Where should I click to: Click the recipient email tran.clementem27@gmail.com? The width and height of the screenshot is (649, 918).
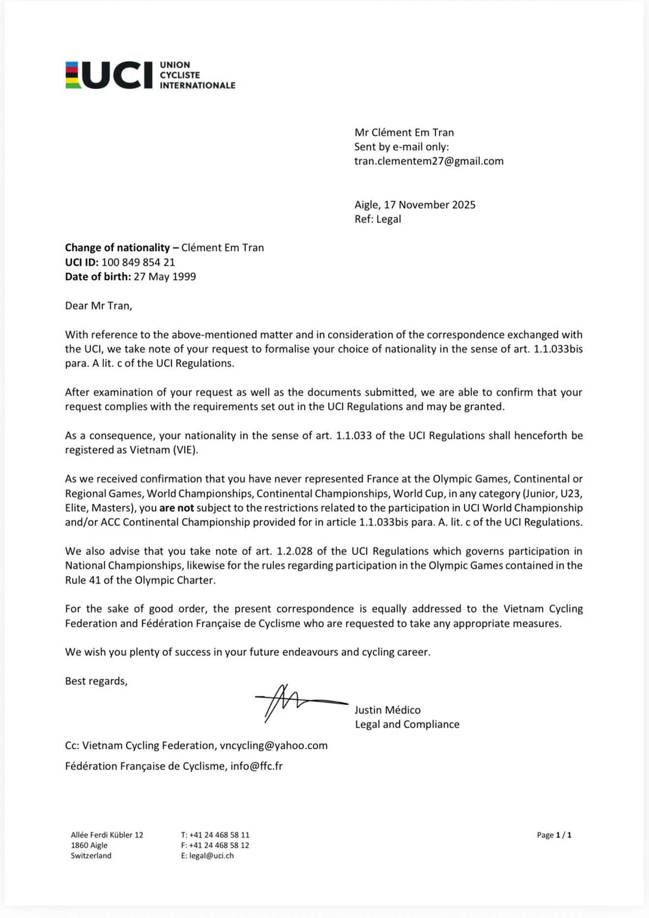(428, 161)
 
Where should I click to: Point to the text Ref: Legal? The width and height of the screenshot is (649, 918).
(378, 219)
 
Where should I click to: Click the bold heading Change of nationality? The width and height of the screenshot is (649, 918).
(117, 247)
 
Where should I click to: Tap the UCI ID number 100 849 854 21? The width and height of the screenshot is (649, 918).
(138, 262)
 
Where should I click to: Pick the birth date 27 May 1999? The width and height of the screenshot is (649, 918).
(165, 277)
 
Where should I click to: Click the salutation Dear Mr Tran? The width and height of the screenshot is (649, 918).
(99, 306)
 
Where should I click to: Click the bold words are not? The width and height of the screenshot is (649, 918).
(177, 508)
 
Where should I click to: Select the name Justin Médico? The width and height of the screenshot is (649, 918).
(387, 710)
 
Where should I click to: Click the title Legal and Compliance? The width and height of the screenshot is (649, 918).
(407, 725)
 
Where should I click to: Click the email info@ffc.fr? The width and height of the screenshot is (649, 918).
(256, 766)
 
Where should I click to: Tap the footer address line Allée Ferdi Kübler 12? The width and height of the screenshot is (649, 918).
(107, 835)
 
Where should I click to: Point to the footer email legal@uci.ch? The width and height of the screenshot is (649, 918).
(212, 856)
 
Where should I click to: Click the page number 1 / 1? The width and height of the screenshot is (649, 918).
(563, 835)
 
